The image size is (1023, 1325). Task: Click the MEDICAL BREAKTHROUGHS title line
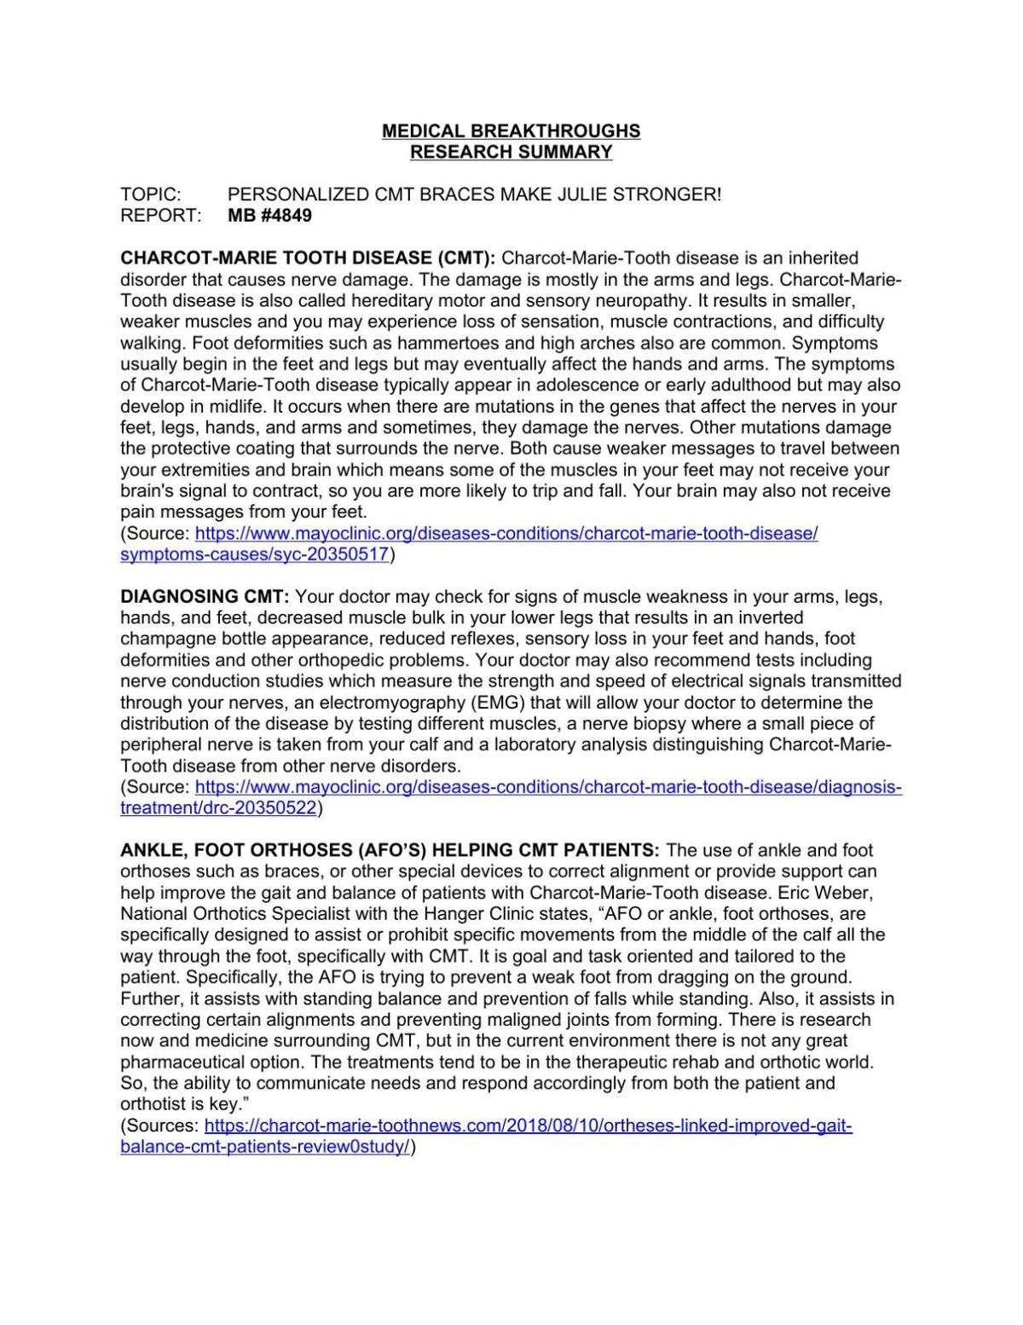click(511, 131)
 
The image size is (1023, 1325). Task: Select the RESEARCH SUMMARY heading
click(511, 153)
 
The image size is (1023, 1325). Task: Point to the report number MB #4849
click(270, 216)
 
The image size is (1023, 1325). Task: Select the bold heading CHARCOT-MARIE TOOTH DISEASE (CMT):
click(308, 258)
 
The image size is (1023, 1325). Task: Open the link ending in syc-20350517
click(255, 555)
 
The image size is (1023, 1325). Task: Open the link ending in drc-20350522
click(218, 808)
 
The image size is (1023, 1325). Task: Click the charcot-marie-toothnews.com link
click(528, 1125)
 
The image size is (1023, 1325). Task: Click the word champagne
click(165, 639)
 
